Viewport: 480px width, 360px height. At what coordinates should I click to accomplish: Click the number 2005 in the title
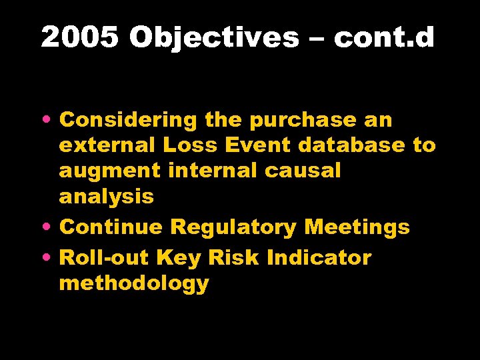click(x=81, y=38)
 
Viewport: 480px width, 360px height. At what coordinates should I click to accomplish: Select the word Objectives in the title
click(x=214, y=38)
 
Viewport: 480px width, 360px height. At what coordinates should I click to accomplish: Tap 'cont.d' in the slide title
click(x=384, y=38)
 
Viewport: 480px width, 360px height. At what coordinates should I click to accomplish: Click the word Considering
click(x=127, y=121)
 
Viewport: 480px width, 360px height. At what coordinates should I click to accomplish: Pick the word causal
click(x=303, y=171)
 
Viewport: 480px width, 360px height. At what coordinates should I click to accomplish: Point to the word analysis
click(x=106, y=197)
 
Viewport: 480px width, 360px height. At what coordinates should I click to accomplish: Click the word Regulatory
click(x=233, y=227)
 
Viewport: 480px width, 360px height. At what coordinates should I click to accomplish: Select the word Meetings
click(x=357, y=227)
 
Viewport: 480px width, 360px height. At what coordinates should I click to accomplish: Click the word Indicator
click(x=319, y=257)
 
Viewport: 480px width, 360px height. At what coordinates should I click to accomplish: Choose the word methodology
click(x=133, y=283)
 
